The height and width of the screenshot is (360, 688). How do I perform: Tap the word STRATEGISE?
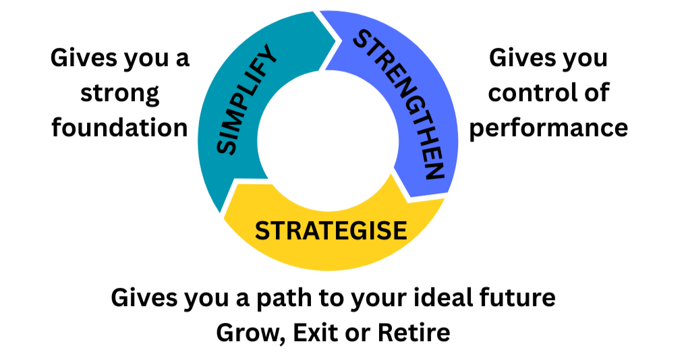pos(331,231)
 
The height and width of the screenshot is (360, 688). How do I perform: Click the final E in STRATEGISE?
pos(399,231)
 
